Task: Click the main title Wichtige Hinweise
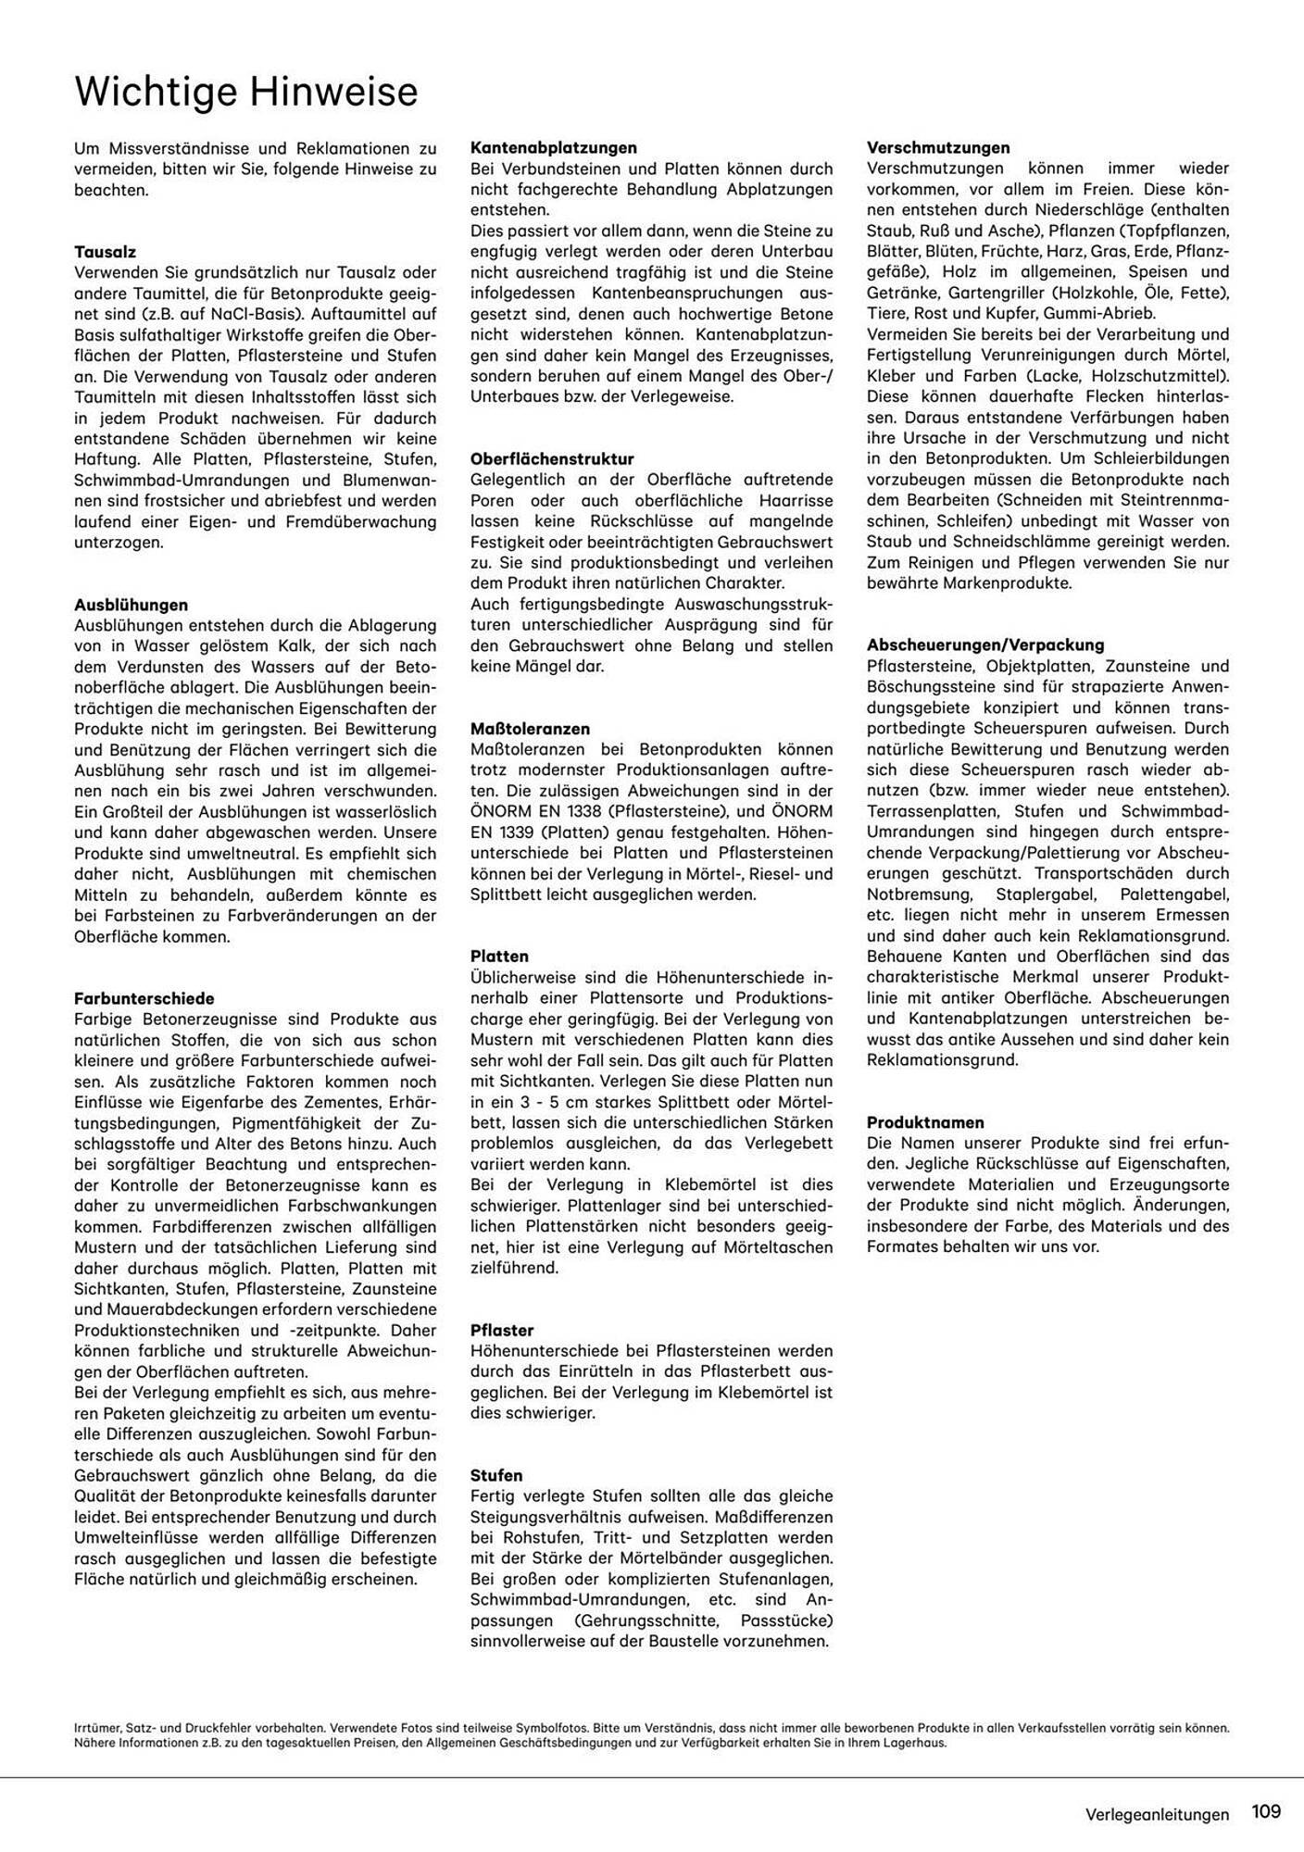point(245,93)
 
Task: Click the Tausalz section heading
point(105,251)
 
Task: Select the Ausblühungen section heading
point(131,605)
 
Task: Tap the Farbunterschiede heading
point(144,998)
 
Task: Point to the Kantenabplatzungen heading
point(553,147)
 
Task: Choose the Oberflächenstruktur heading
point(552,458)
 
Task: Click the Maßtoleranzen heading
point(530,729)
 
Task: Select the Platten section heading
point(499,957)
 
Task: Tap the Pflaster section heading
point(502,1331)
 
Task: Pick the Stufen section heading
point(496,1475)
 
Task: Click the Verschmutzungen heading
point(938,147)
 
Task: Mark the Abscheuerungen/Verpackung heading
point(985,644)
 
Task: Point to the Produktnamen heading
point(925,1122)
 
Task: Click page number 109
point(1265,1810)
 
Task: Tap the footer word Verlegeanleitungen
point(1157,1815)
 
